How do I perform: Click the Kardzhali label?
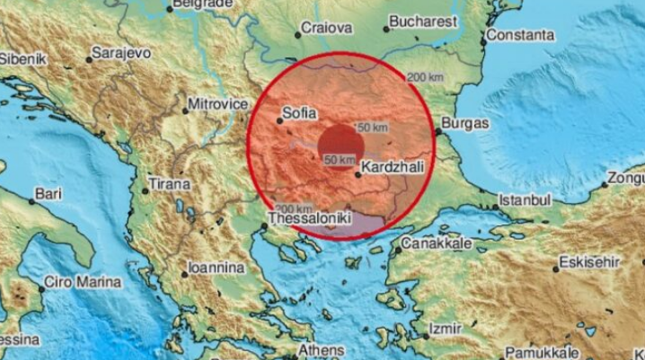point(393,166)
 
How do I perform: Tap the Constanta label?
point(518,37)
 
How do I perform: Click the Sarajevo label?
point(122,55)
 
